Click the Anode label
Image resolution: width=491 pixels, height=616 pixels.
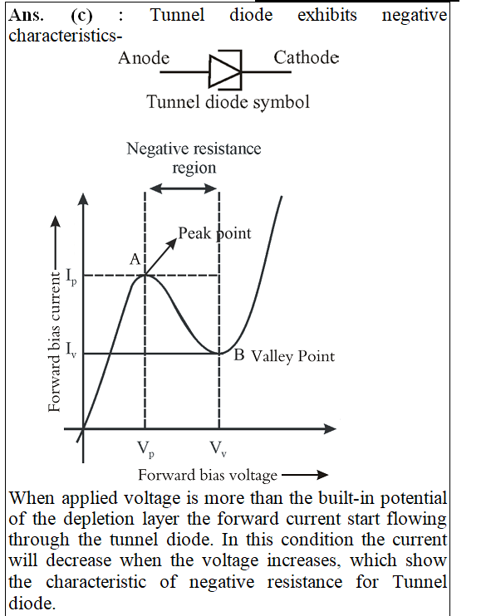click(144, 58)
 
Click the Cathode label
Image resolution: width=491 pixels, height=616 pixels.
click(307, 57)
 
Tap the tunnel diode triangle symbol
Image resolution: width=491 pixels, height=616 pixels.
click(224, 71)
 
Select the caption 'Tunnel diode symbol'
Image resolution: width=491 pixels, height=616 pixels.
click(228, 102)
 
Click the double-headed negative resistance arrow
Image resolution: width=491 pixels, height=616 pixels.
click(184, 188)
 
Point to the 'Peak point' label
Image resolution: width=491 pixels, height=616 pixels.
click(214, 233)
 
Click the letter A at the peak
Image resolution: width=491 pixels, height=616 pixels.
click(135, 259)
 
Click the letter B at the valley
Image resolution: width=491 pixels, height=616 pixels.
click(239, 354)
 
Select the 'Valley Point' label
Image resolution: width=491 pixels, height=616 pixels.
click(293, 357)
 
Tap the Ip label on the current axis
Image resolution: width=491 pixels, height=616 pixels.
click(71, 277)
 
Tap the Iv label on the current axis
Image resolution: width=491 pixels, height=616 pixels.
click(71, 350)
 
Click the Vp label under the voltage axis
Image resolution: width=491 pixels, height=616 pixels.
click(145, 449)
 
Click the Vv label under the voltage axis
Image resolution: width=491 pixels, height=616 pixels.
click(218, 448)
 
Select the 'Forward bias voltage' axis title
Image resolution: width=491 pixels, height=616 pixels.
click(208, 476)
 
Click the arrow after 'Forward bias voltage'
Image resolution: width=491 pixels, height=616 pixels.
click(305, 475)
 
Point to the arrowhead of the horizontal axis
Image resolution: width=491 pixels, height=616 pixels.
click(331, 428)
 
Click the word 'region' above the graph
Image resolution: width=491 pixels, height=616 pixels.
click(194, 169)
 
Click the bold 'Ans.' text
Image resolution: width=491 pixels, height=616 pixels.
click(26, 16)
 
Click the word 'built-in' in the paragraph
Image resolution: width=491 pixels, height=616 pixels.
click(346, 498)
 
